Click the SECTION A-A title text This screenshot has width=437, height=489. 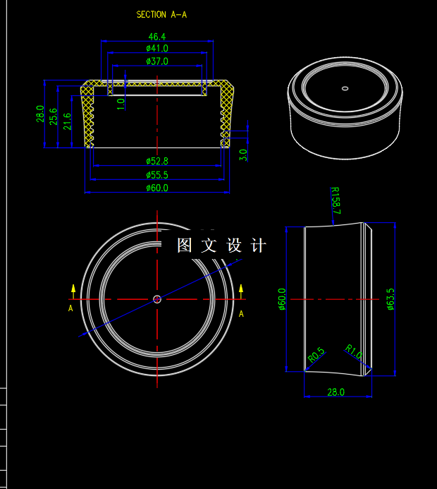tap(162, 14)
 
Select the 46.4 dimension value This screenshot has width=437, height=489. tap(156, 36)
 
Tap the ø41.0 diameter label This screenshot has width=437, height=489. tap(156, 48)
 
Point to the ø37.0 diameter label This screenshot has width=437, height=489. tap(156, 61)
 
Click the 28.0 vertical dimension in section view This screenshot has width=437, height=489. tap(40, 114)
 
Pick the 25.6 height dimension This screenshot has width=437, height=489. tap(54, 116)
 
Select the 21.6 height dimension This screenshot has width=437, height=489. tap(67, 121)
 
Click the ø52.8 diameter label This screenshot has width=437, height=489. tap(156, 162)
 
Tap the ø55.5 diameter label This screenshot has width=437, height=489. tap(156, 174)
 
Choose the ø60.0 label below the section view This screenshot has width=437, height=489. tap(156, 188)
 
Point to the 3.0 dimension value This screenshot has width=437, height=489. tap(243, 155)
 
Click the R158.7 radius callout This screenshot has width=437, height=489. tap(336, 200)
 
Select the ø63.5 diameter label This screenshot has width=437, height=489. tap(390, 298)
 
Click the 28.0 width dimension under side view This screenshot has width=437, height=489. tap(336, 392)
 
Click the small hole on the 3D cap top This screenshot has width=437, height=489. tap(345, 88)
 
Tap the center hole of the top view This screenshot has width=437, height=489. tap(157, 299)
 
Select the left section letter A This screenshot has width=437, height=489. tap(70, 308)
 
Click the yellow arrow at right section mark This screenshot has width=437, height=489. tap(241, 289)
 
